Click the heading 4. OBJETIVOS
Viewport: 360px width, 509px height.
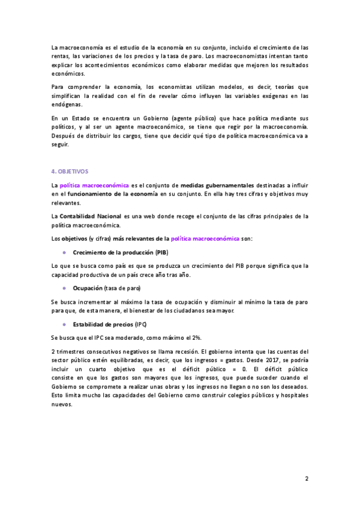pos(70,170)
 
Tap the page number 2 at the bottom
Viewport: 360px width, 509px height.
pos(306,479)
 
